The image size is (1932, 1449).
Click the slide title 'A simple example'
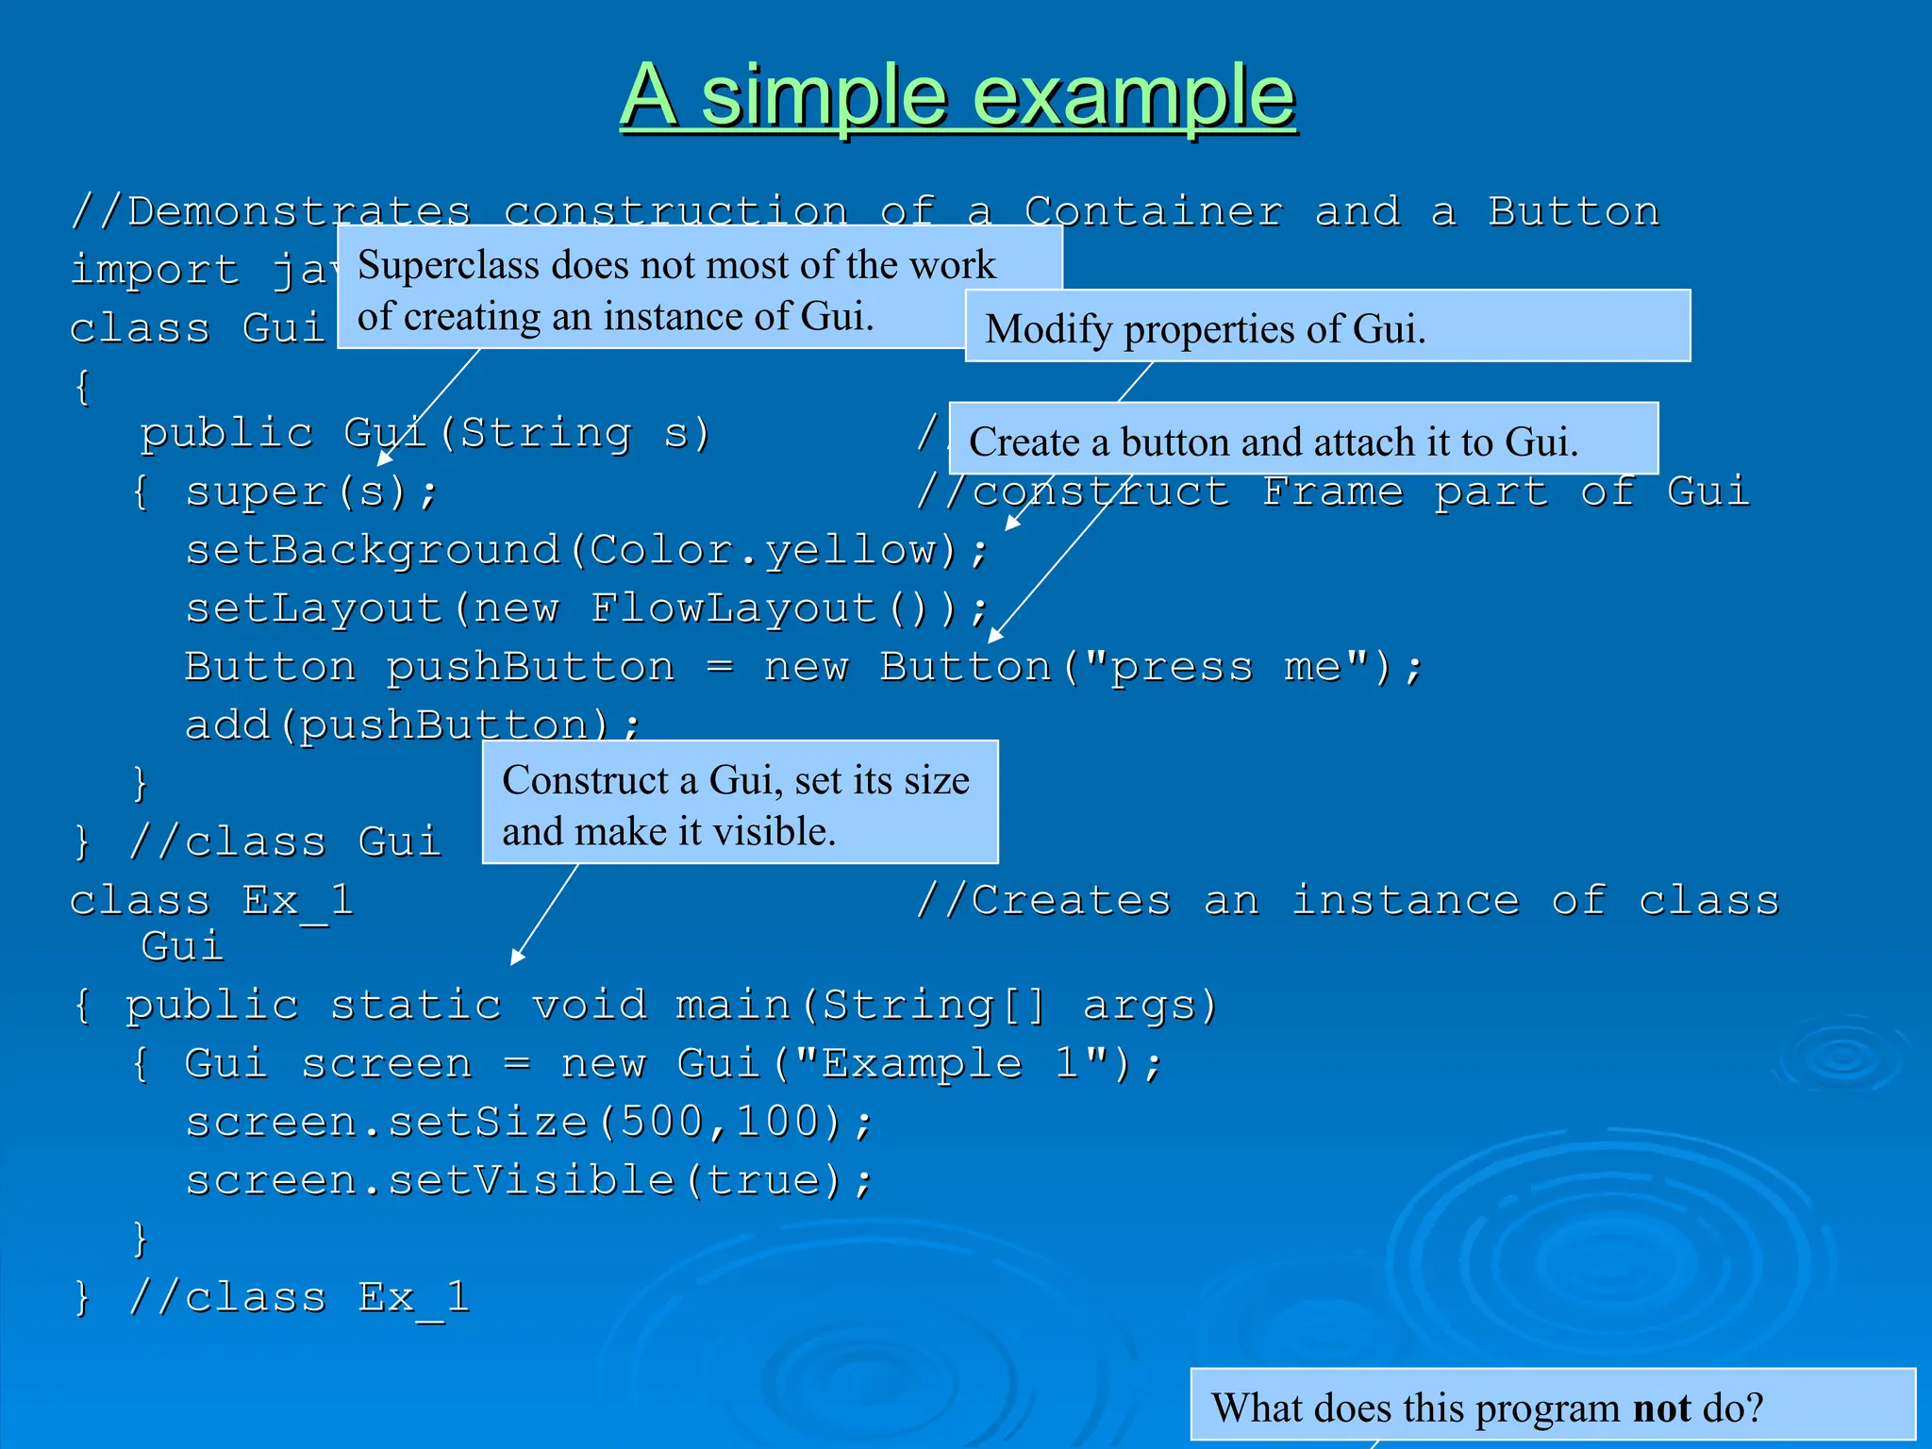coord(958,96)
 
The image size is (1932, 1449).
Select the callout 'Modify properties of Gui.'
coord(1326,327)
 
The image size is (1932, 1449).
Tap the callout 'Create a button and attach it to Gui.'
coord(1302,441)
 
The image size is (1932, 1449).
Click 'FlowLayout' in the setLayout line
coord(734,608)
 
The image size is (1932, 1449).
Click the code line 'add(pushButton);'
coord(412,724)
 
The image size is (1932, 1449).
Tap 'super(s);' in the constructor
coord(311,491)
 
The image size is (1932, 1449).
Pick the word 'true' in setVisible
coord(762,1180)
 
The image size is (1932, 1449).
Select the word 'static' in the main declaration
coord(415,1005)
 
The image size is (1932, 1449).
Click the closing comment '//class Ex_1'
coord(298,1297)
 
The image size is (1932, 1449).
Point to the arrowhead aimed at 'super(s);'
coord(383,458)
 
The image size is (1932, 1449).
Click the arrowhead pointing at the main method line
coord(516,958)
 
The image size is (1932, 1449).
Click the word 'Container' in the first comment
coord(1153,211)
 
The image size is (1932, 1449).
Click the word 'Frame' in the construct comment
coord(1332,491)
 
